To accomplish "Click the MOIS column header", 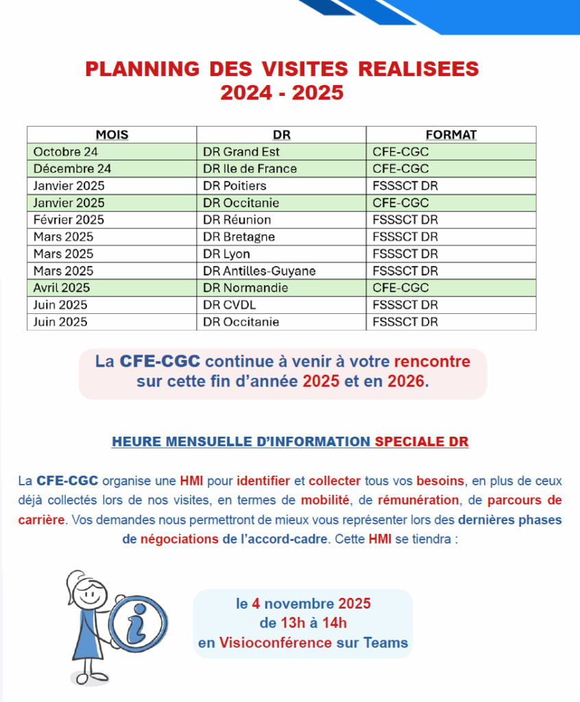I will (112, 135).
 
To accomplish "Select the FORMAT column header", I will (450, 135).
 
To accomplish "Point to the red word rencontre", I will (432, 361).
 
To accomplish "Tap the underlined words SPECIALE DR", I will (422, 441).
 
